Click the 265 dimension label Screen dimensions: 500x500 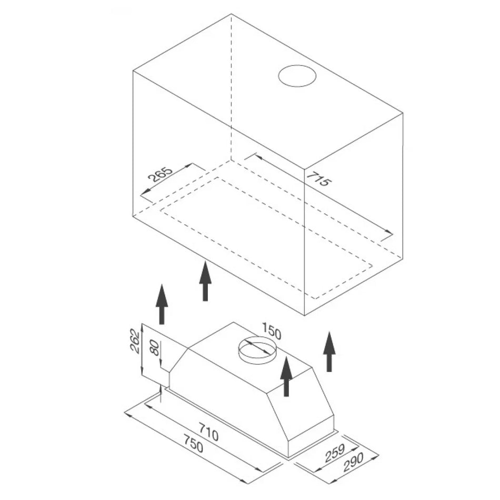(x=161, y=174)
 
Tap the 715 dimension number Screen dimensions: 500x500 (x=319, y=179)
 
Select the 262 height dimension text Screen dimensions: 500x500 (x=135, y=341)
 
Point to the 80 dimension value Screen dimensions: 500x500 (x=154, y=347)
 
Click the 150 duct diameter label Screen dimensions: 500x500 (x=272, y=331)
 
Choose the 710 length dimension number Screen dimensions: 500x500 (x=208, y=432)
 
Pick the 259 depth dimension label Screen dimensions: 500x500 (x=335, y=453)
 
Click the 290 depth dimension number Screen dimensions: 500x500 (x=353, y=463)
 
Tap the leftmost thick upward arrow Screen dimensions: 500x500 (x=162, y=304)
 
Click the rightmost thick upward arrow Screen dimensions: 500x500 (x=329, y=352)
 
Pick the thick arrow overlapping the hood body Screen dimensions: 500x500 (x=286, y=377)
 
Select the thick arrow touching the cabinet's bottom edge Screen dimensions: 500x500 (x=205, y=281)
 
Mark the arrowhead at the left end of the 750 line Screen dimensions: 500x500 (x=126, y=414)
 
